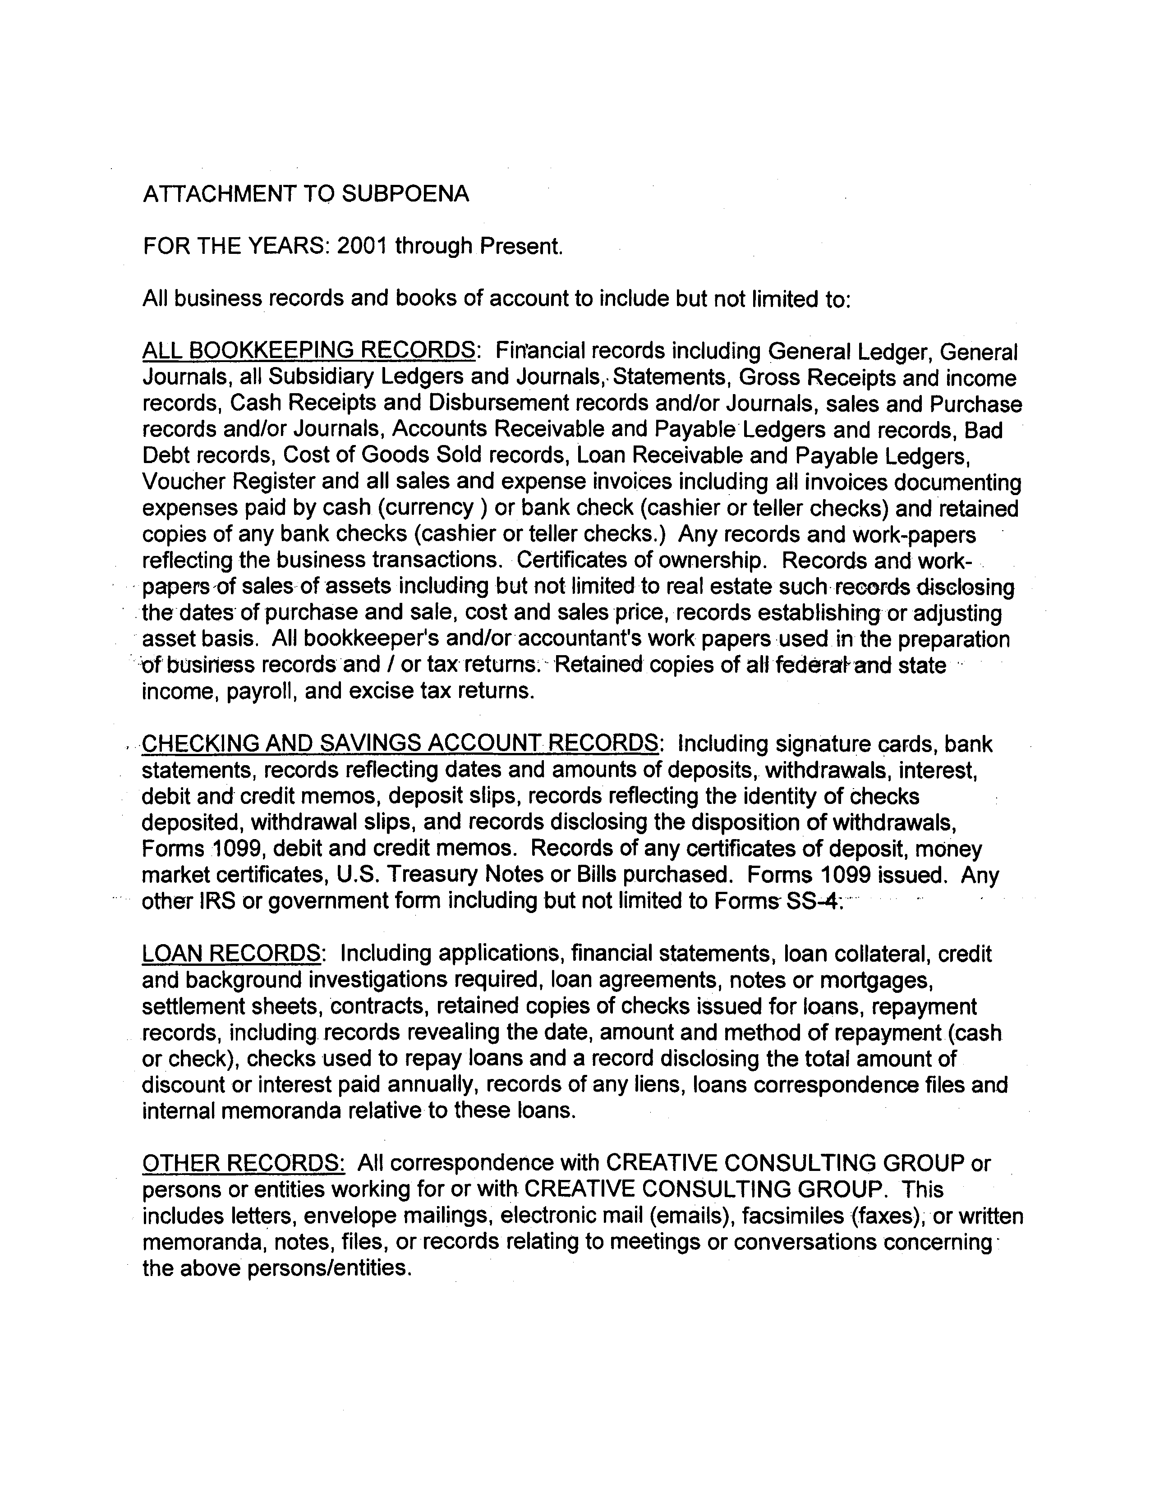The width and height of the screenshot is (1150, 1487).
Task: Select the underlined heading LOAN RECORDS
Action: [x=231, y=953]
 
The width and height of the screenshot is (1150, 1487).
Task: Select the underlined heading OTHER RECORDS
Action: [x=243, y=1163]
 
